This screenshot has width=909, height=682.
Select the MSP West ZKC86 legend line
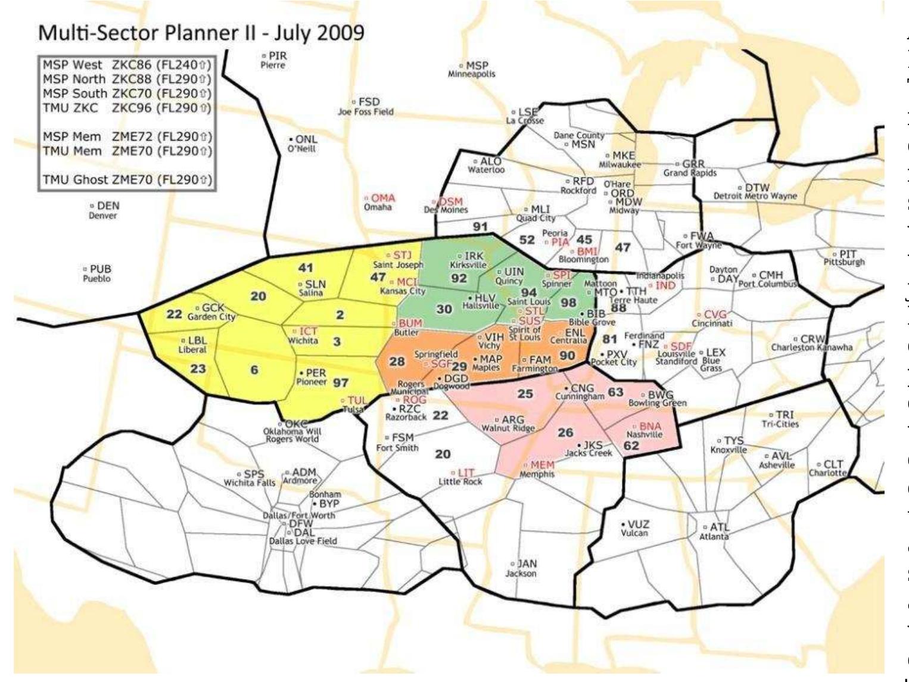(x=127, y=64)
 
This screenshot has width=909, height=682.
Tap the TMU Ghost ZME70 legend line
(x=127, y=179)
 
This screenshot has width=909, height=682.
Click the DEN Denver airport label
(x=104, y=210)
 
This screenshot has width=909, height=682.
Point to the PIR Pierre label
(x=274, y=60)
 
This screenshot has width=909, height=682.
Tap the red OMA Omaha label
(x=379, y=202)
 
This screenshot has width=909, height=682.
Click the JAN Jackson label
(x=524, y=568)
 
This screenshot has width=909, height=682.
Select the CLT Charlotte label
(x=829, y=468)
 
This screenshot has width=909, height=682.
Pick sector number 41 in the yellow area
(x=306, y=269)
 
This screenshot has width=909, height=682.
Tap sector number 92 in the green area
(x=459, y=278)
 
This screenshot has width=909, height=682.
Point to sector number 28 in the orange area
(x=397, y=361)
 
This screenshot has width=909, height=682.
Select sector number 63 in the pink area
(x=615, y=392)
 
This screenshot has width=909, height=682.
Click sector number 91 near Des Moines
(x=480, y=226)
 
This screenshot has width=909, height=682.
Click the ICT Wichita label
(x=307, y=335)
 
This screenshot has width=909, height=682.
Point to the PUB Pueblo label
(x=97, y=273)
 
